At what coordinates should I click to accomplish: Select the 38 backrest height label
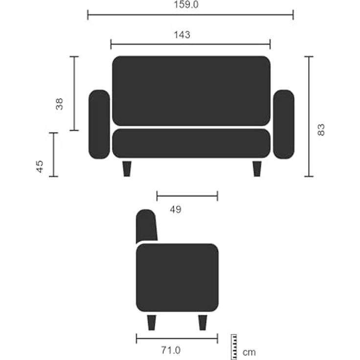click(59, 104)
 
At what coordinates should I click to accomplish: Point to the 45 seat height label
click(40, 166)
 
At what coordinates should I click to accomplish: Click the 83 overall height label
click(321, 130)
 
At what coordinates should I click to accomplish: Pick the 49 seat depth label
click(176, 209)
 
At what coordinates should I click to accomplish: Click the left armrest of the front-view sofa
click(99, 124)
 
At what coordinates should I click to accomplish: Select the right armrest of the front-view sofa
click(283, 124)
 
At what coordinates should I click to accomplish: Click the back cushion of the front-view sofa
click(191, 91)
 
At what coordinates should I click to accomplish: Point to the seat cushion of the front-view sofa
click(191, 143)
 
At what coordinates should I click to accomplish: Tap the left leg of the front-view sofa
click(127, 168)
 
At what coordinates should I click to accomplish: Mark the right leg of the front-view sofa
click(257, 168)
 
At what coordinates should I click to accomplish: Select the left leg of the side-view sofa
click(152, 322)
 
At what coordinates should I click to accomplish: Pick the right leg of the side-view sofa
click(202, 322)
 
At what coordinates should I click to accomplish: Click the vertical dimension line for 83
click(309, 116)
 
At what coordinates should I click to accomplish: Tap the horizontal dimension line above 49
click(187, 196)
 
